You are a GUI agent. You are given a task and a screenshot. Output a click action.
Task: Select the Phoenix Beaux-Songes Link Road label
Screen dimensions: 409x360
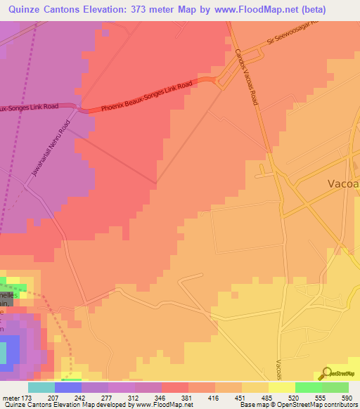click(147, 98)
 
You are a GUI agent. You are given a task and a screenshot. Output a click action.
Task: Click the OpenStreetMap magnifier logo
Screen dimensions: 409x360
click(327, 373)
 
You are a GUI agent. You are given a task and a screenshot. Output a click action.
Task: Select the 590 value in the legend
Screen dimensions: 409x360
click(345, 398)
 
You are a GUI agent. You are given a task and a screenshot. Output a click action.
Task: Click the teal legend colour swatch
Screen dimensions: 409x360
click(41, 387)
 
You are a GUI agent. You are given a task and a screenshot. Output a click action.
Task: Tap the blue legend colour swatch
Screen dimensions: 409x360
click(68, 387)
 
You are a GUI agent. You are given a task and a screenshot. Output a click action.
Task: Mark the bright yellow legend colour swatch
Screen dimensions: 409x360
click(281, 387)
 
